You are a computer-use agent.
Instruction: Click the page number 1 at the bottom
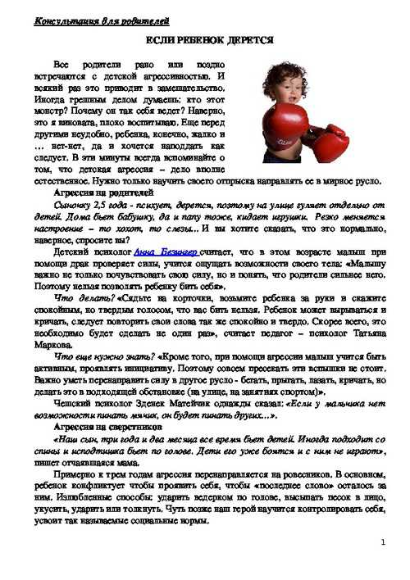click(383, 542)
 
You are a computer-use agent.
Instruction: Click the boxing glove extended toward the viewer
click(329, 144)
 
